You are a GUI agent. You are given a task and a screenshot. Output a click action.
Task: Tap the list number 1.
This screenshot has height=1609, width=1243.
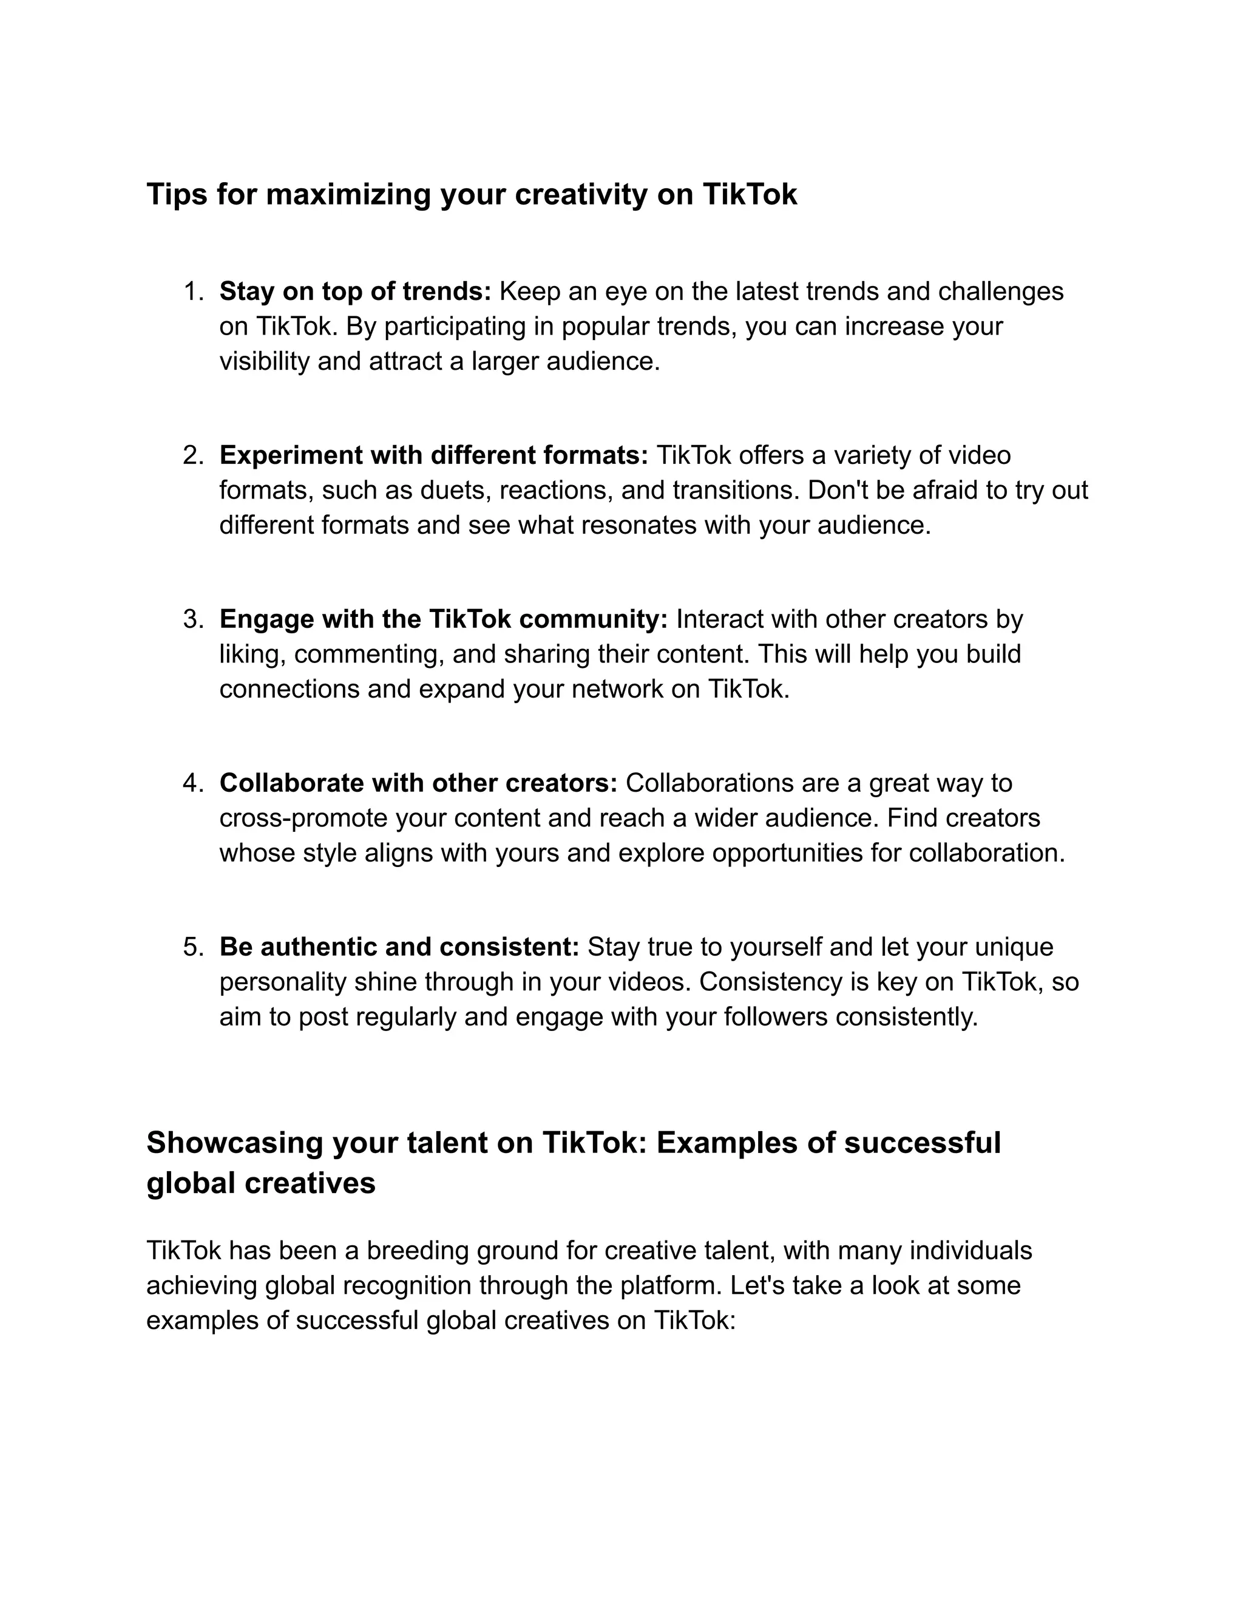coord(193,291)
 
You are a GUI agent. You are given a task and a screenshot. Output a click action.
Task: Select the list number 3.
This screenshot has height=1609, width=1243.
coord(193,619)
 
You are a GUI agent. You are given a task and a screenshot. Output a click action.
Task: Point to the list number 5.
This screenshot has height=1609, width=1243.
coord(193,947)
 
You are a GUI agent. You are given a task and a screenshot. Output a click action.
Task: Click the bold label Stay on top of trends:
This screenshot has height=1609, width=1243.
coord(355,291)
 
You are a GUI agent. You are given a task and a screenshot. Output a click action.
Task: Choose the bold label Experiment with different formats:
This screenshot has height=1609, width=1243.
coord(433,456)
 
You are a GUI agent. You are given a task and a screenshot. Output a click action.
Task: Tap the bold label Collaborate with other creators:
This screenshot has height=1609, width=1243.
coord(418,783)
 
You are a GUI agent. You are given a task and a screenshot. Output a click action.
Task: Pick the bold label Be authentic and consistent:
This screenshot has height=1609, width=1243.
coord(399,947)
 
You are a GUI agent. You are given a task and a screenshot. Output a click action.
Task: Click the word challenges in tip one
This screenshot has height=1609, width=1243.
coord(1000,291)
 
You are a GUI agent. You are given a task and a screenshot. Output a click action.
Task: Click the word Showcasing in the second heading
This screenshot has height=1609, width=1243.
coord(235,1143)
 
